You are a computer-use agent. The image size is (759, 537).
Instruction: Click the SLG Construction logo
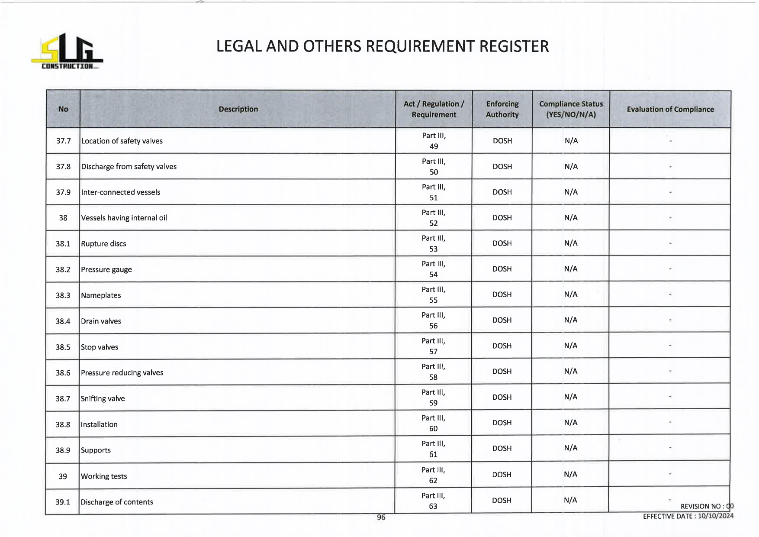pos(67,51)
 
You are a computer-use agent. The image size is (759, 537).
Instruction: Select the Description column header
pos(238,109)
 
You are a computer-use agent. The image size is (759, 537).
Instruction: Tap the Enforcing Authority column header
pos(502,109)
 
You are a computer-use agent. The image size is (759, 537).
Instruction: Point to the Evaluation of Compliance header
pos(670,109)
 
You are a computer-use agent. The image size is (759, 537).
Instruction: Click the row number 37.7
pos(63,141)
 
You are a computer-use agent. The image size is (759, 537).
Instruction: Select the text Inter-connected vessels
pos(121,192)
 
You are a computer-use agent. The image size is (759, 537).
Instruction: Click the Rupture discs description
pos(104,244)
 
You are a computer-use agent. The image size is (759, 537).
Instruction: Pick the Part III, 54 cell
pos(433,269)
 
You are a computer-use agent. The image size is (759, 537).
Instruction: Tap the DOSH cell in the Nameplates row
pos(502,294)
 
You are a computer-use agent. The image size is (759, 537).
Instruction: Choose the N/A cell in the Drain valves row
pos(571,320)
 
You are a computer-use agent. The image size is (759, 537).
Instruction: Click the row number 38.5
pos(63,347)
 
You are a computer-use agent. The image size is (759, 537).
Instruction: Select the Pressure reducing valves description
pos(122,373)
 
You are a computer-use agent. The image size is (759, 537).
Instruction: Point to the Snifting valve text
pos(103,398)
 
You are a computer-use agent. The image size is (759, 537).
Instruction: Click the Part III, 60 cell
pos(433,423)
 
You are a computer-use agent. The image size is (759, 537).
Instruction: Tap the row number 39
pos(63,476)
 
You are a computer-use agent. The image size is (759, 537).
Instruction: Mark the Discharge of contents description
pos(117,502)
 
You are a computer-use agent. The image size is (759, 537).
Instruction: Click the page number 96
pos(381,517)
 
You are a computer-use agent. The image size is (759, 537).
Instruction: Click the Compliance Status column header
pos(571,109)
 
